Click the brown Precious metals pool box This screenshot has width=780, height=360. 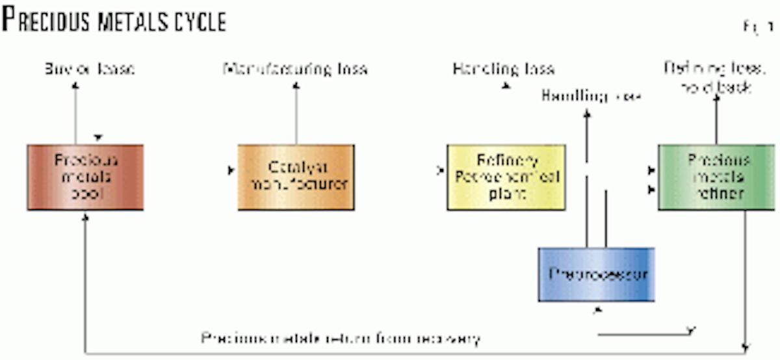(x=85, y=177)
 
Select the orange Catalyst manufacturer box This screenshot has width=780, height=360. (x=296, y=177)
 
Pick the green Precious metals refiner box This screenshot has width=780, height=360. (x=717, y=177)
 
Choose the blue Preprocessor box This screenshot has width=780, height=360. (x=596, y=274)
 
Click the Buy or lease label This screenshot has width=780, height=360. (x=90, y=69)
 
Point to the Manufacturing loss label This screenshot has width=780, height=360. (x=295, y=69)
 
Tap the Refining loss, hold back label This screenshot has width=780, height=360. (x=708, y=76)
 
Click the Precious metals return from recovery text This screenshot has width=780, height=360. (x=341, y=338)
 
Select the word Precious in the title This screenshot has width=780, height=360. (x=55, y=22)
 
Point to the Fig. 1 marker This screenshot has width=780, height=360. (x=754, y=29)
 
